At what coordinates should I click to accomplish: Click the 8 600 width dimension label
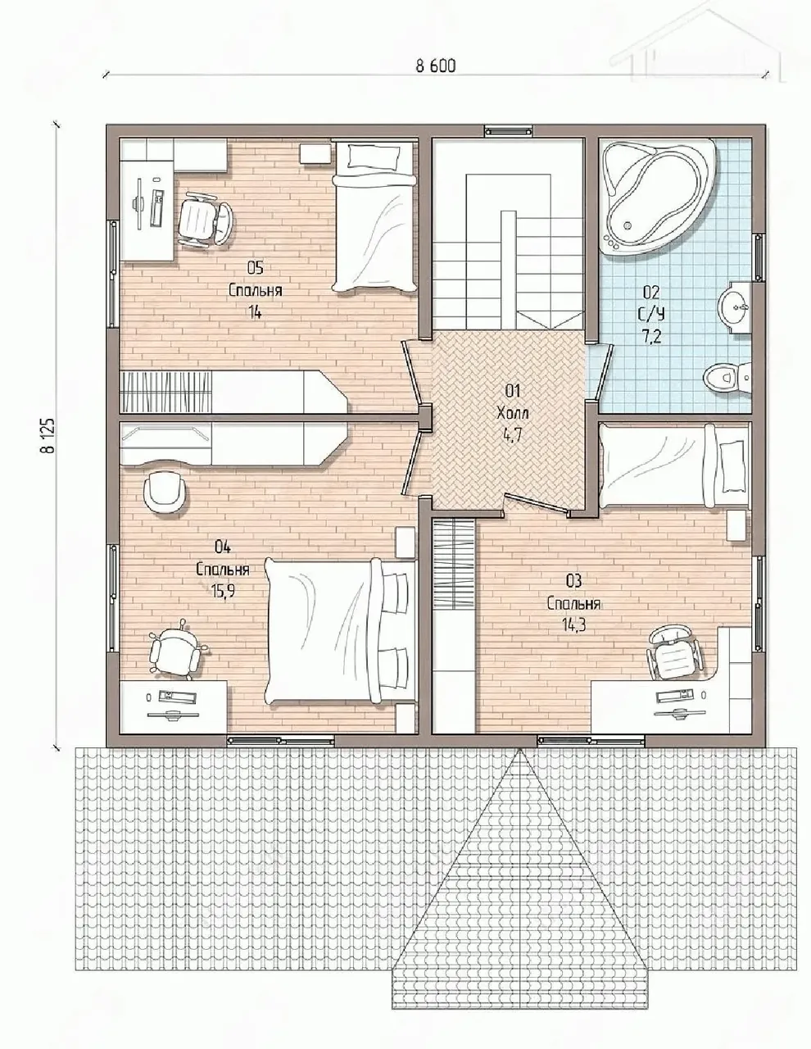click(x=435, y=66)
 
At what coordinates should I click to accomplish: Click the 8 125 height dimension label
click(x=48, y=435)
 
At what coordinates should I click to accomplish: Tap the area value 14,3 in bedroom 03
click(x=573, y=625)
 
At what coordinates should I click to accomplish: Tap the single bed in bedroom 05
click(x=374, y=216)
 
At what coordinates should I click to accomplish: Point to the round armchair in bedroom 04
click(x=165, y=494)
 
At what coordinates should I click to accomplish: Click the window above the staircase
click(x=509, y=131)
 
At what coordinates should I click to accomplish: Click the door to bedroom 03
click(x=537, y=505)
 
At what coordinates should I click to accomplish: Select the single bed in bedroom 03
click(x=674, y=465)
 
